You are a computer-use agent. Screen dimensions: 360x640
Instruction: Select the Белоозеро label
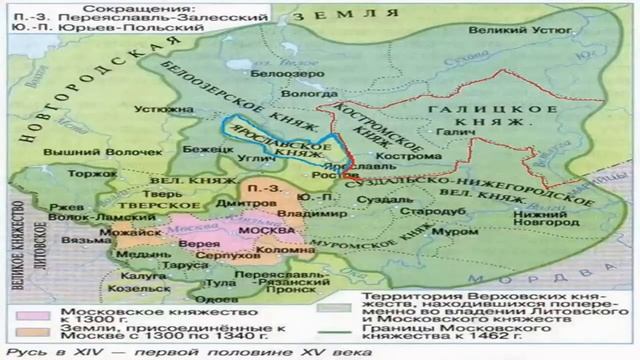[x=272, y=74]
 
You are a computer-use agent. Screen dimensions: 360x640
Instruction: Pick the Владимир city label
[x=329, y=211]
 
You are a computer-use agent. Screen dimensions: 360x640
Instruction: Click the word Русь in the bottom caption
[x=19, y=351]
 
